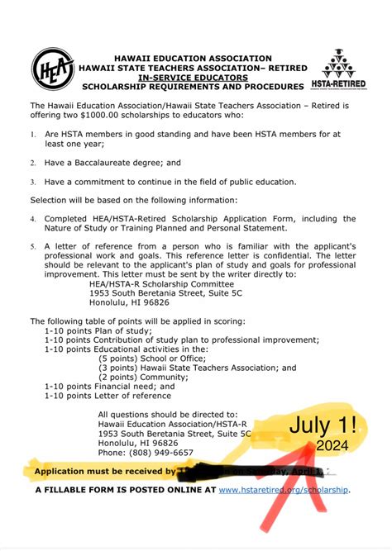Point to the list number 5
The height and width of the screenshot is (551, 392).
[x=33, y=246]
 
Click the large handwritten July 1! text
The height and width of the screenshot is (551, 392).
[x=323, y=427]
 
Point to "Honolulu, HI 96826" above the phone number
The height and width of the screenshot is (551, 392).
[x=137, y=443]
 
